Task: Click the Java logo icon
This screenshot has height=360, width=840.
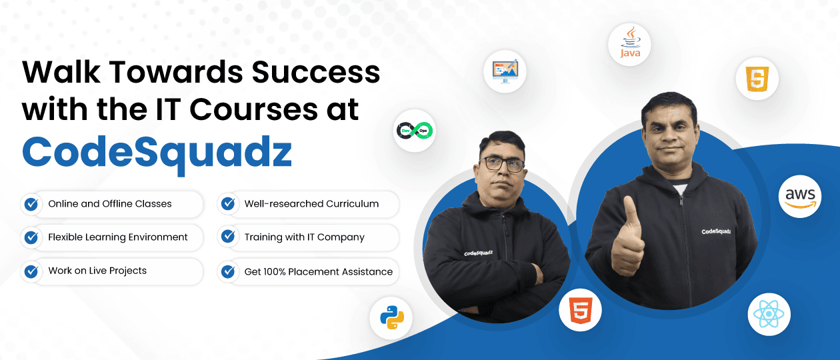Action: [629, 45]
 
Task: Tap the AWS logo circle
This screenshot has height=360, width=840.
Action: [799, 197]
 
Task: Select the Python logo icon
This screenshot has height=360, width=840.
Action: [391, 317]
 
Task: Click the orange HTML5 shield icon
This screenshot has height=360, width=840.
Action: [580, 310]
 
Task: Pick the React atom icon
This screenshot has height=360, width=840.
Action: [769, 314]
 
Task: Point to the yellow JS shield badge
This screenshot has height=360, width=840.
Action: [757, 79]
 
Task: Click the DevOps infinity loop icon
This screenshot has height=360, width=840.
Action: [414, 130]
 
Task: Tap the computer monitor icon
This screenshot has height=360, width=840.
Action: [505, 71]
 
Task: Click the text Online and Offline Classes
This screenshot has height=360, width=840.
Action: [110, 204]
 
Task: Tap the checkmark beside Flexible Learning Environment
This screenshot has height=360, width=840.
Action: [31, 237]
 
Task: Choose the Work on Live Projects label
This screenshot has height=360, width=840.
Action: [97, 271]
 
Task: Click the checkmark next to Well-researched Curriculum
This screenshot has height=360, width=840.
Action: [228, 204]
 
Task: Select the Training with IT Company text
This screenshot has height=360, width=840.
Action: [304, 237]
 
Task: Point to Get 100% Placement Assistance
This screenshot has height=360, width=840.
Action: [319, 272]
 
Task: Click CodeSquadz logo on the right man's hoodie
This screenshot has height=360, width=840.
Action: [715, 232]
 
